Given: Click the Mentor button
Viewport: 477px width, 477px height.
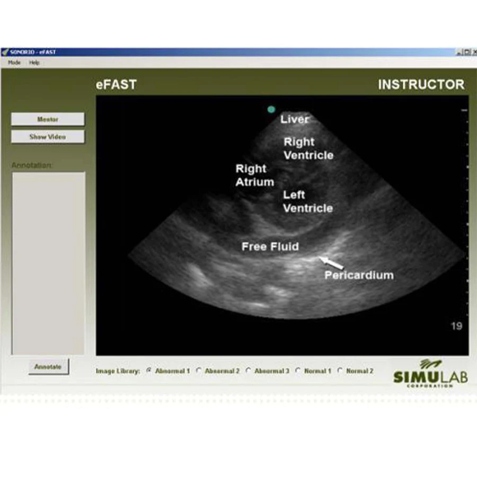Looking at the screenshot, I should (x=48, y=119).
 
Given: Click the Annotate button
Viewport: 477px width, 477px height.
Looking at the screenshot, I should (x=48, y=367).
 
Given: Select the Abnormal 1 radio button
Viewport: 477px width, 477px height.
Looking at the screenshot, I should (x=149, y=371).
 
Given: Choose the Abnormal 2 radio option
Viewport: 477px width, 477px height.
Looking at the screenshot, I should (x=199, y=371).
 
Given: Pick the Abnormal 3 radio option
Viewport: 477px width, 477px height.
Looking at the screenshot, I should (x=248, y=371).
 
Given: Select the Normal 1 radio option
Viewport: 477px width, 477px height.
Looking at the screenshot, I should (x=298, y=371).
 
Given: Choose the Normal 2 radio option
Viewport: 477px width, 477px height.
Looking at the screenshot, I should (x=340, y=371).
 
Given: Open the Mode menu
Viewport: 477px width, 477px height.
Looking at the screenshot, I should (x=14, y=63).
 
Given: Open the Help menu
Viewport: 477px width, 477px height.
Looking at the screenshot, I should (x=34, y=63).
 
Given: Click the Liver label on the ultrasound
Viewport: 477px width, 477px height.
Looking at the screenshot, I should (x=294, y=119).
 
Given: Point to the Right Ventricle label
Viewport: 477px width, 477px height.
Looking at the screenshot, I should (x=308, y=148).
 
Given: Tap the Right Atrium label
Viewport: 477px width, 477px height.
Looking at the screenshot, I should (x=255, y=175).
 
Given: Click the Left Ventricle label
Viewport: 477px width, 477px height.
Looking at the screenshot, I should (x=307, y=201).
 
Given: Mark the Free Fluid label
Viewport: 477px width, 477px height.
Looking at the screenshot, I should (x=270, y=246).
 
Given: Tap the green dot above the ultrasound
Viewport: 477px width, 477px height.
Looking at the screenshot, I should (x=271, y=109).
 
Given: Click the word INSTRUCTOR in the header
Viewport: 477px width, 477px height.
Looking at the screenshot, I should (x=421, y=85).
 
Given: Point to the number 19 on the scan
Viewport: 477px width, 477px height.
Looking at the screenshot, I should (x=456, y=326).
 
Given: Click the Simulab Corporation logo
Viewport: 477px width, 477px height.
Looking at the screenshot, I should (x=423, y=374).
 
